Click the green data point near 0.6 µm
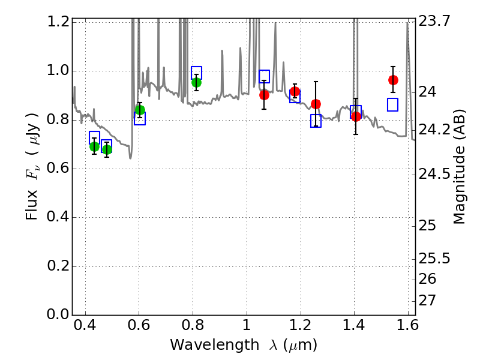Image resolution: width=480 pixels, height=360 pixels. tap(140, 110)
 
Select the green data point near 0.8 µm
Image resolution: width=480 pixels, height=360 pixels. tap(196, 82)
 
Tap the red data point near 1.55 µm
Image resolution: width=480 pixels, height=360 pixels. tap(393, 80)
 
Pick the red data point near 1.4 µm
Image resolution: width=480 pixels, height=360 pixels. tap(356, 116)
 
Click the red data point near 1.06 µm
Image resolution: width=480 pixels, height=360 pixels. tap(264, 95)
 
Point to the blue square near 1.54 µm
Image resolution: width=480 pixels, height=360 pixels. tap(393, 104)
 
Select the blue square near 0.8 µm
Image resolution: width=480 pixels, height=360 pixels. tap(196, 73)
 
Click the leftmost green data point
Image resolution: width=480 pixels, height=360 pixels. tap(94, 146)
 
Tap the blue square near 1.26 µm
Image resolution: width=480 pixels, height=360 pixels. tap(316, 121)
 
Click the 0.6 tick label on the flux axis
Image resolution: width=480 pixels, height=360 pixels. tap(58, 169)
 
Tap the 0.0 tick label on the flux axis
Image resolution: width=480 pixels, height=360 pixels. tap(58, 315)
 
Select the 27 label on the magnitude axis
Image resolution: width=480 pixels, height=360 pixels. tap(428, 299)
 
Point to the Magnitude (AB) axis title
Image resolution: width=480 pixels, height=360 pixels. tap(460, 167)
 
